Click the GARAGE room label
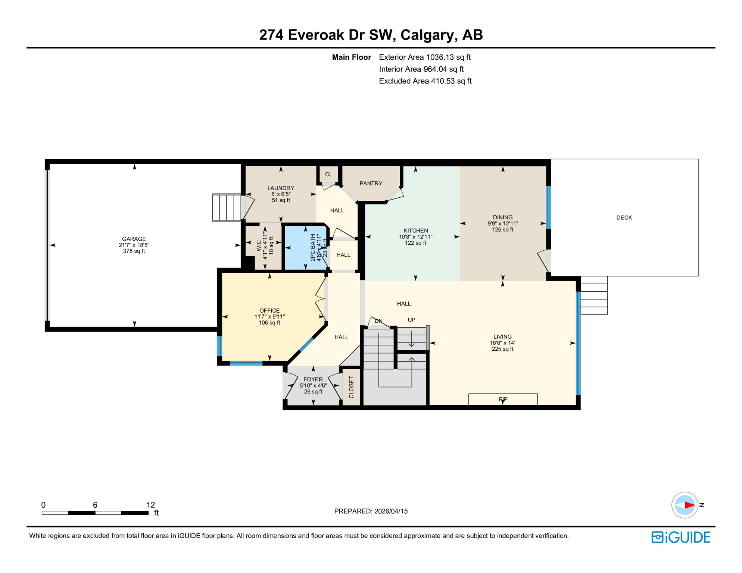134,239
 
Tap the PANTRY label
371,184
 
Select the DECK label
624,217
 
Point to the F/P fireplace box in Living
503,399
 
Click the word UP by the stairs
411,320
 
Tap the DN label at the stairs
378,321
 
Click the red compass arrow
689,505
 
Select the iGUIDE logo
681,537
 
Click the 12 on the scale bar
150,505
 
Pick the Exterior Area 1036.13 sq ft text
424,57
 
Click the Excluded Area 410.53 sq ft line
425,81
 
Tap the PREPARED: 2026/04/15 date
371,511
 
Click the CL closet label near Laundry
328,174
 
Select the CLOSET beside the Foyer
351,387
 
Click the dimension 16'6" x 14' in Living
502,343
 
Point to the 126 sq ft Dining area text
502,230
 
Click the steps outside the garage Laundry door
227,207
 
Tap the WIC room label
259,245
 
